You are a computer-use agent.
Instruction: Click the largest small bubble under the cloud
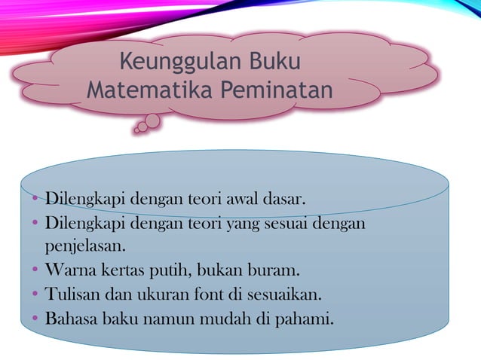click(x=152, y=121)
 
